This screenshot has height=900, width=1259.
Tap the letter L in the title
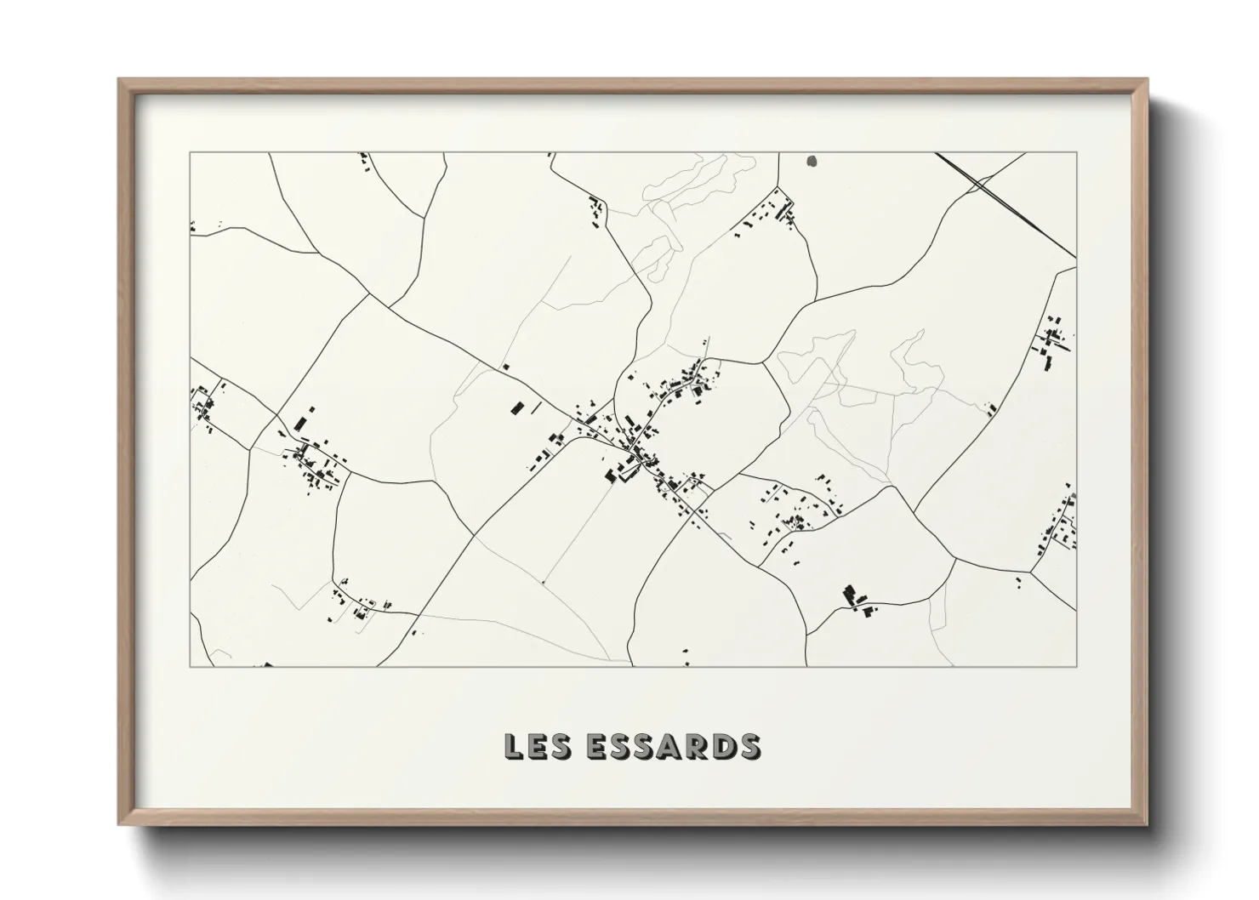513,746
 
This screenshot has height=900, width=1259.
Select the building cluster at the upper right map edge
1053,340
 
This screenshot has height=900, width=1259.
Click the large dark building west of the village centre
516,407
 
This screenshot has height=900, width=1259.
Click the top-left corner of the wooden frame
121,81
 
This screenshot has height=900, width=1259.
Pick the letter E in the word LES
534,746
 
